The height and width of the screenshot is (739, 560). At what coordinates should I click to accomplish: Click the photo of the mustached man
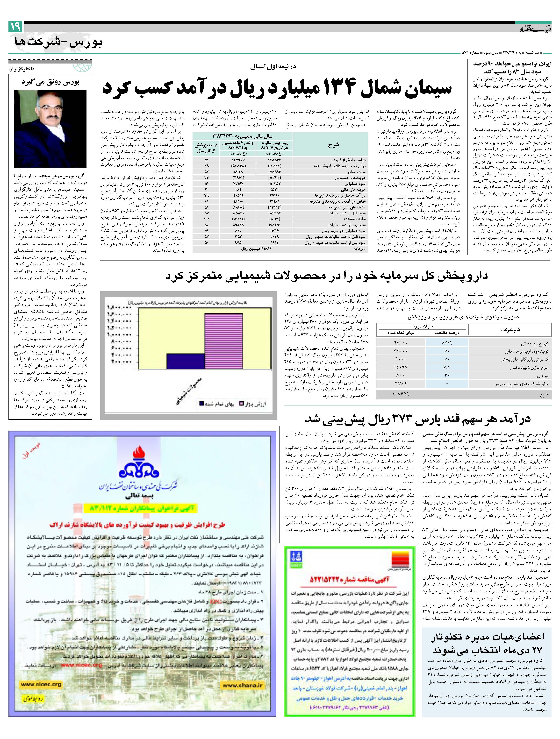coord(50,129)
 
